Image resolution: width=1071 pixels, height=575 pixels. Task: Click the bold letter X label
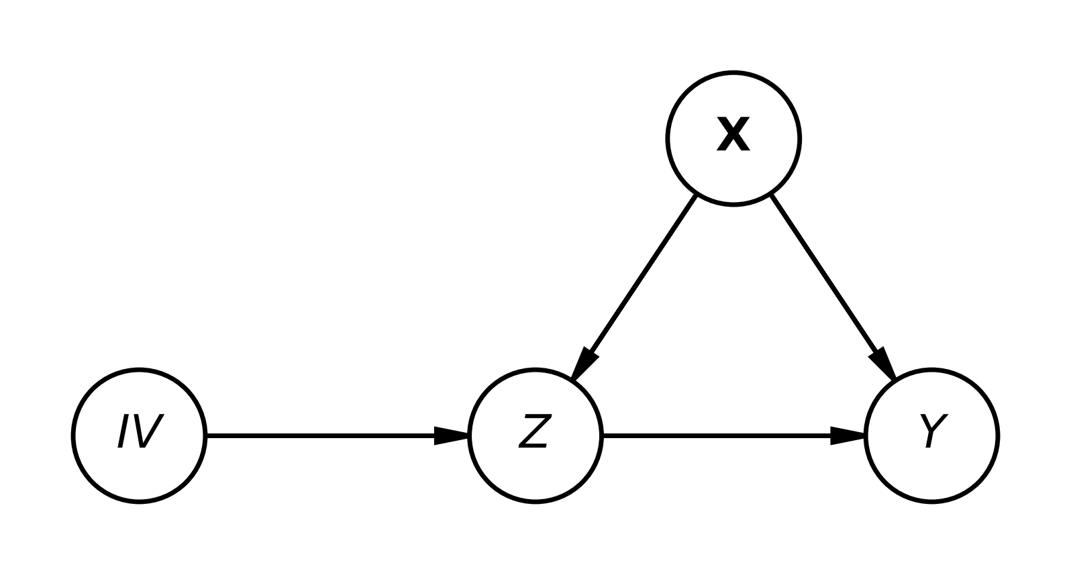coord(733,135)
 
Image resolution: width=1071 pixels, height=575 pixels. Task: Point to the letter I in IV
coord(123,431)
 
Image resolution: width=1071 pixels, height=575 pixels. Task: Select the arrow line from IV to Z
coord(338,435)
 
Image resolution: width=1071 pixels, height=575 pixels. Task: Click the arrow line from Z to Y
coord(734,435)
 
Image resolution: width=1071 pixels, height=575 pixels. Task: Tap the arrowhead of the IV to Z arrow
coord(452,435)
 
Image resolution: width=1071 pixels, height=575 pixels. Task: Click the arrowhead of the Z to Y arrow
coord(848,435)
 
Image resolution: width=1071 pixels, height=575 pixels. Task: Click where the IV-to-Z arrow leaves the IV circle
coord(207,435)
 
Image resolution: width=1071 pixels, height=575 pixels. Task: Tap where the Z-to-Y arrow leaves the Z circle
coord(603,435)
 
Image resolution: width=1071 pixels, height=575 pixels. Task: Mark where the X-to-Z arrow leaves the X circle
coord(696,195)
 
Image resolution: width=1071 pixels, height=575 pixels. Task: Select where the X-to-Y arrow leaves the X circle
coord(772,195)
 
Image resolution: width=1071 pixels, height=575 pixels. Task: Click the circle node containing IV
coord(72,435)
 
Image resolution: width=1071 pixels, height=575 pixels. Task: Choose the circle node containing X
coord(666,139)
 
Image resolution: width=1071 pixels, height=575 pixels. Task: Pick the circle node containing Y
coord(865,435)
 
